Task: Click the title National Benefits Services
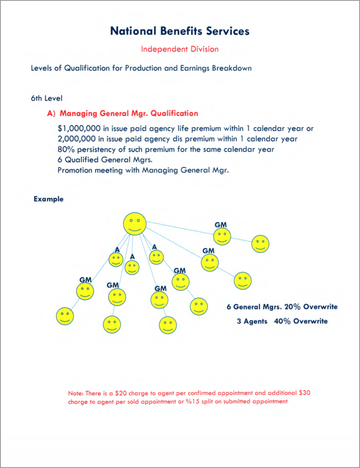[180, 31]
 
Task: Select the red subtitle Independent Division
[180, 49]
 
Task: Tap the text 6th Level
[47, 98]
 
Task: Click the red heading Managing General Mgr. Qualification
[129, 113]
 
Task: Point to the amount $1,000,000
[76, 128]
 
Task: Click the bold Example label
[48, 199]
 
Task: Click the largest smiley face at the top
[135, 224]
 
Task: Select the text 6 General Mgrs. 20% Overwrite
[282, 307]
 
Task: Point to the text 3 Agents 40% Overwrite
[282, 321]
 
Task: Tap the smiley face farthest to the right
[260, 244]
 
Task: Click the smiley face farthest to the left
[65, 316]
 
